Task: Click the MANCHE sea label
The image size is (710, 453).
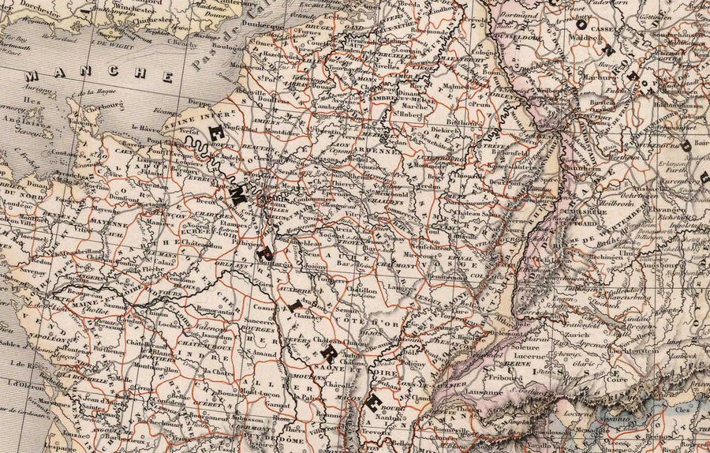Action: click(x=99, y=76)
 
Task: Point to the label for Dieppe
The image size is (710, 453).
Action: click(x=200, y=102)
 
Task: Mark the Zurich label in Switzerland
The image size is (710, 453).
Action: click(x=565, y=334)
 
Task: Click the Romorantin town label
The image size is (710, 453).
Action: click(x=215, y=313)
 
